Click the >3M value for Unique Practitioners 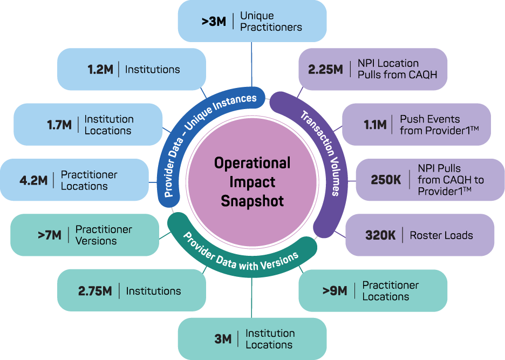pos(214,22)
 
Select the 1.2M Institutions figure pos(100,69)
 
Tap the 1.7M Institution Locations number pos(59,125)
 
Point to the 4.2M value pos(33,180)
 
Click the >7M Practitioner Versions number pos(50,235)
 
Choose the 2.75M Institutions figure pos(95,291)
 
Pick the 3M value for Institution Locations pos(223,339)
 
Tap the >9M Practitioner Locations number pos(335,291)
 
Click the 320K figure pos(380,235)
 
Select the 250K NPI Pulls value pos(386,180)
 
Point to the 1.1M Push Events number pos(375,124)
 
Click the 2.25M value pos(326,69)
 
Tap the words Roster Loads pos(441,235)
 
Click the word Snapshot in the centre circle pos(252,201)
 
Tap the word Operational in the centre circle pos(252,163)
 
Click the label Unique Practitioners pos(271,21)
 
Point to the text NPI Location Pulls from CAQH pos(398,69)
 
